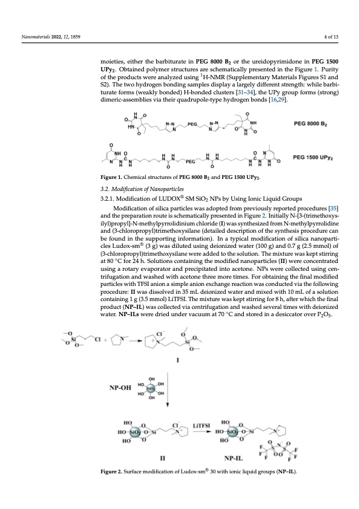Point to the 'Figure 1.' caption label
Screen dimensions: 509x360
click(x=115, y=178)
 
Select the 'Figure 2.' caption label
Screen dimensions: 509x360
click(x=115, y=472)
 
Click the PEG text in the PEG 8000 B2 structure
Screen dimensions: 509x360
click(x=193, y=123)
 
